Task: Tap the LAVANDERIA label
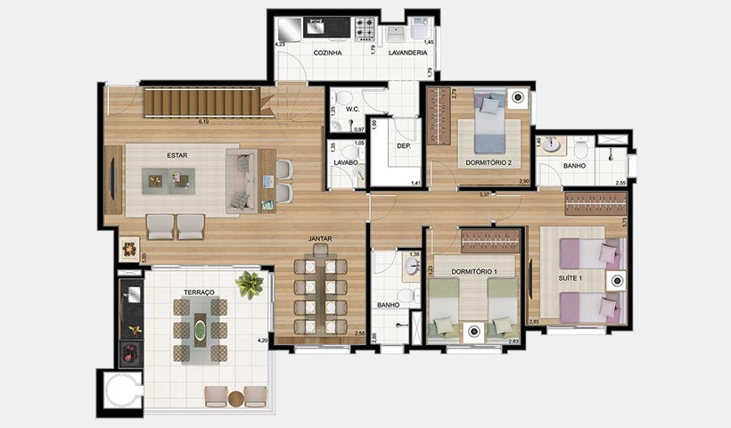pyautogui.click(x=407, y=53)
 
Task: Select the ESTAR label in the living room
pyautogui.click(x=177, y=155)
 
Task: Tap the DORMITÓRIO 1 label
pyautogui.click(x=473, y=270)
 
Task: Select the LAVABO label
pyautogui.click(x=346, y=162)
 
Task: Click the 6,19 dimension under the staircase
pyautogui.click(x=203, y=120)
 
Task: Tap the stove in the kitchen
pyautogui.click(x=366, y=29)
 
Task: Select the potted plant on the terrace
pyautogui.click(x=250, y=284)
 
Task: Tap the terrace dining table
pyautogui.click(x=201, y=330)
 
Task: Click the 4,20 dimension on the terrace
pyautogui.click(x=262, y=340)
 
